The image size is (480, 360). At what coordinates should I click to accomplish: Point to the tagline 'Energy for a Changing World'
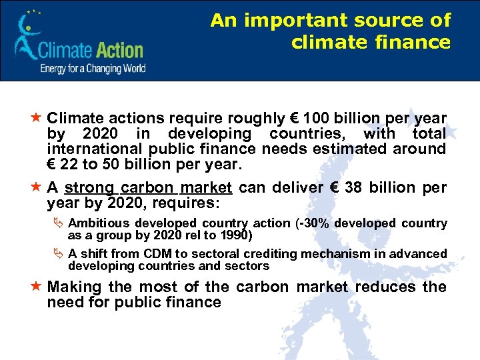click(x=93, y=68)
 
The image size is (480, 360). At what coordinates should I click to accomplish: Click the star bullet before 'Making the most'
click(x=37, y=287)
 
